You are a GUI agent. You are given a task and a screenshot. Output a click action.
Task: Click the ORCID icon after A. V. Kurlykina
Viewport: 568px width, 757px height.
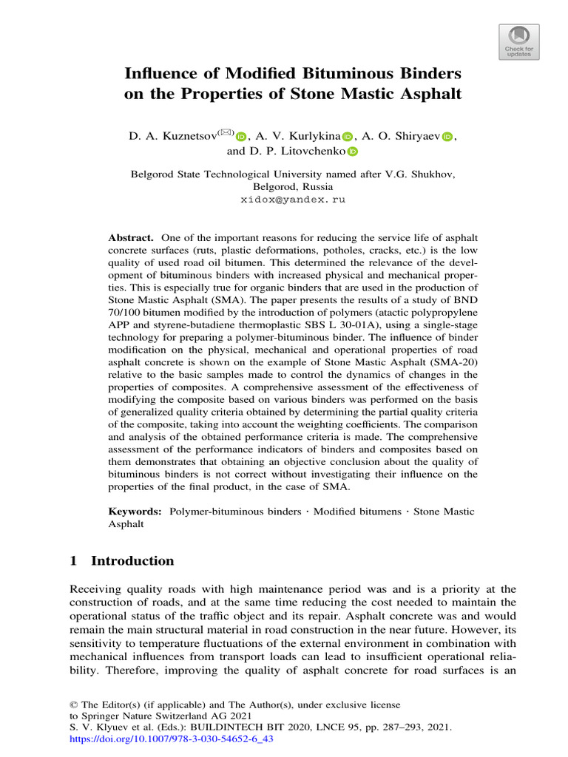[x=348, y=136]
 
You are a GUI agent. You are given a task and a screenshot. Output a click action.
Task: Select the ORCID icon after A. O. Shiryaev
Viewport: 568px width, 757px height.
[x=447, y=136]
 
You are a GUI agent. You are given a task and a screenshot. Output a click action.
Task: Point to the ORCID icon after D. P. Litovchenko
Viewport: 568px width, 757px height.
[x=352, y=152]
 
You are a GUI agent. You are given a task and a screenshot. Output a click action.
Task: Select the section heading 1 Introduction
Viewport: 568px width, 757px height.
[x=122, y=560]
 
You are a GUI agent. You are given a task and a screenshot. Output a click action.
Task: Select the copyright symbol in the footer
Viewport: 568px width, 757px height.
[x=72, y=705]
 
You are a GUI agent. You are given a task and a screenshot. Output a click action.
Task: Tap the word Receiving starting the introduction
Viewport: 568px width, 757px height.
[x=94, y=588]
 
